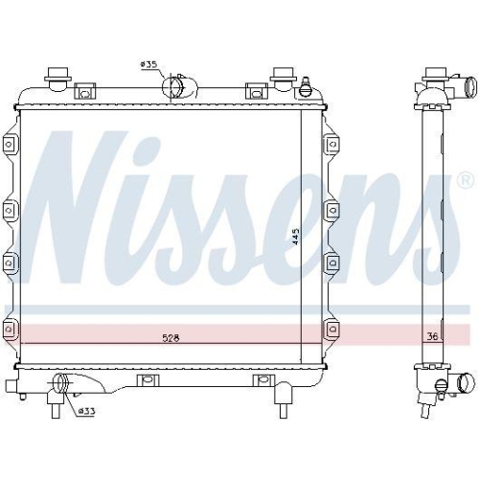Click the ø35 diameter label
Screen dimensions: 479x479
pyautogui.click(x=148, y=64)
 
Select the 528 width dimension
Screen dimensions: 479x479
pyautogui.click(x=171, y=337)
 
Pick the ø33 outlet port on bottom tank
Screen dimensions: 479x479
pyautogui.click(x=62, y=385)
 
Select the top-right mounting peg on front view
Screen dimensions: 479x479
pyautogui.click(x=283, y=75)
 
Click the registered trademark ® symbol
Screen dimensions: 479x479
pyautogui.click(x=465, y=179)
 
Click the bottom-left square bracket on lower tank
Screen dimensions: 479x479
pyautogui.click(x=147, y=381)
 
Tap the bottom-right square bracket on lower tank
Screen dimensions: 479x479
pyautogui.click(x=260, y=381)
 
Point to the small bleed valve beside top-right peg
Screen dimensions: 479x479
pyautogui.click(x=306, y=89)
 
